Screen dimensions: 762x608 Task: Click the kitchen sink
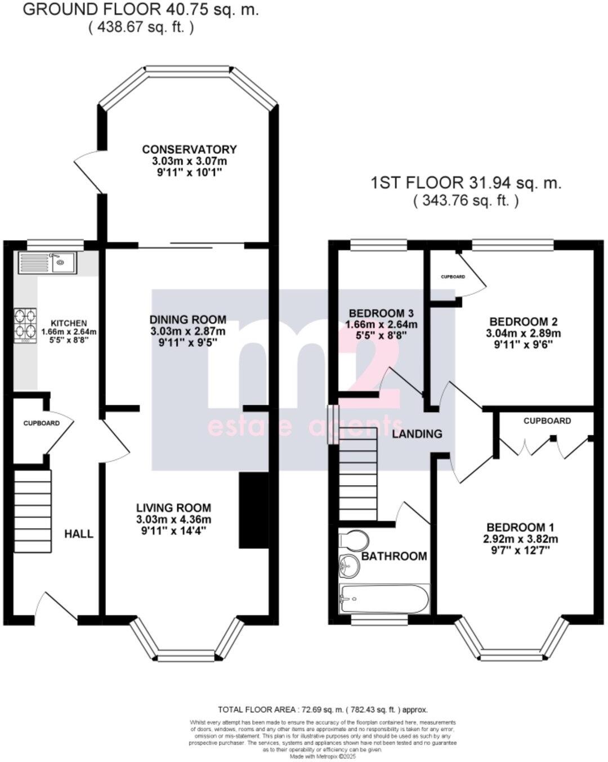click(x=48, y=263)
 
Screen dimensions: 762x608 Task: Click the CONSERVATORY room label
click(x=189, y=149)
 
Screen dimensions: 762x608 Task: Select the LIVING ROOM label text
click(x=173, y=508)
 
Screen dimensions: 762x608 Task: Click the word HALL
click(x=79, y=534)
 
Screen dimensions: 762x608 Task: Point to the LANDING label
click(x=417, y=433)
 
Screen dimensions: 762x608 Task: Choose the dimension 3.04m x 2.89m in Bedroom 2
click(x=523, y=333)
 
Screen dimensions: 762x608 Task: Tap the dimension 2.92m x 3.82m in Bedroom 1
click(x=520, y=539)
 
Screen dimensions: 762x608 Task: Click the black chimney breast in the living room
click(x=248, y=511)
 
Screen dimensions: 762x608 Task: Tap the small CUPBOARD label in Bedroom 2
click(x=453, y=277)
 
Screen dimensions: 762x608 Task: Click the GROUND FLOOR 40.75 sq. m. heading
click(x=140, y=10)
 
